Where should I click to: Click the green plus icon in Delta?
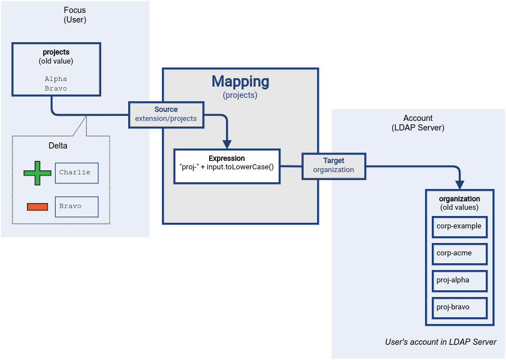click(38, 173)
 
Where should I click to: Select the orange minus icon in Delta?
click(38, 206)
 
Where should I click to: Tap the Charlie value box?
click(76, 173)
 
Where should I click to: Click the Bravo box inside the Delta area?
click(76, 206)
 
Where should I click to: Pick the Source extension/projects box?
click(166, 114)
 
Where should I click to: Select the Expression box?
click(227, 166)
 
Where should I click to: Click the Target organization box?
click(333, 165)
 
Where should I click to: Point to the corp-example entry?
click(459, 226)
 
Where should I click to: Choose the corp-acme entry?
click(459, 253)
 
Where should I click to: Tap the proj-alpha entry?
click(459, 280)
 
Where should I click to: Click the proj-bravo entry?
click(459, 307)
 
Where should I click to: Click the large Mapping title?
click(240, 82)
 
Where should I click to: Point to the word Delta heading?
click(58, 146)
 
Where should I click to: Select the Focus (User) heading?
click(75, 15)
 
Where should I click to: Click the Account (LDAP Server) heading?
click(418, 123)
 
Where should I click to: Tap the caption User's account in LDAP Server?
click(440, 342)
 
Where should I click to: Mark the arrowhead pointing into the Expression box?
click(227, 144)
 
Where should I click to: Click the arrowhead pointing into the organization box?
click(459, 184)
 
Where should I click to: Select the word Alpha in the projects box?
click(56, 79)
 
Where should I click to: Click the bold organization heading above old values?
click(459, 199)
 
